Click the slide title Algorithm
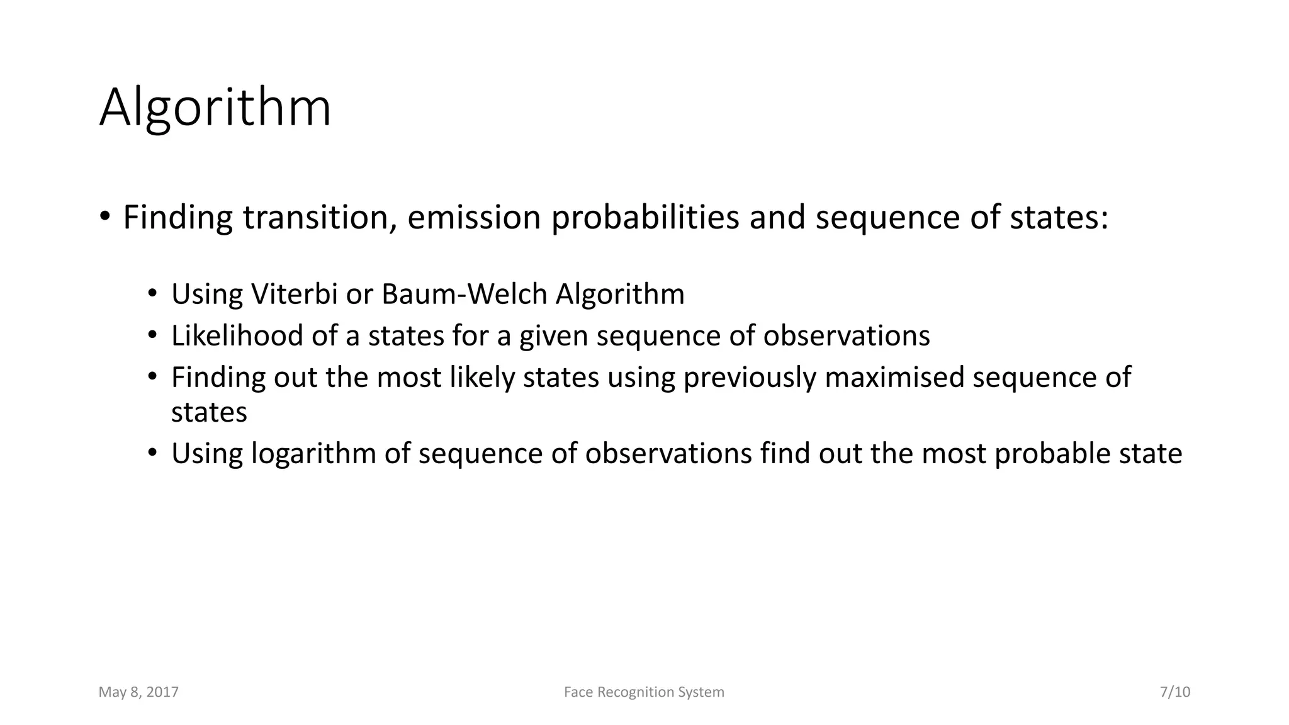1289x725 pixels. click(x=215, y=108)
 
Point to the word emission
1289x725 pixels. click(x=474, y=218)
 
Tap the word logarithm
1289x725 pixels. click(x=313, y=454)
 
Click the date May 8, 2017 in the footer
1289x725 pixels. click(x=138, y=692)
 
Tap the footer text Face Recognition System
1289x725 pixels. click(x=644, y=692)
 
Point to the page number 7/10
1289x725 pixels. click(x=1174, y=692)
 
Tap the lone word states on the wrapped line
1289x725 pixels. click(x=209, y=413)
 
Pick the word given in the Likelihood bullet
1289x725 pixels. click(x=553, y=336)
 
